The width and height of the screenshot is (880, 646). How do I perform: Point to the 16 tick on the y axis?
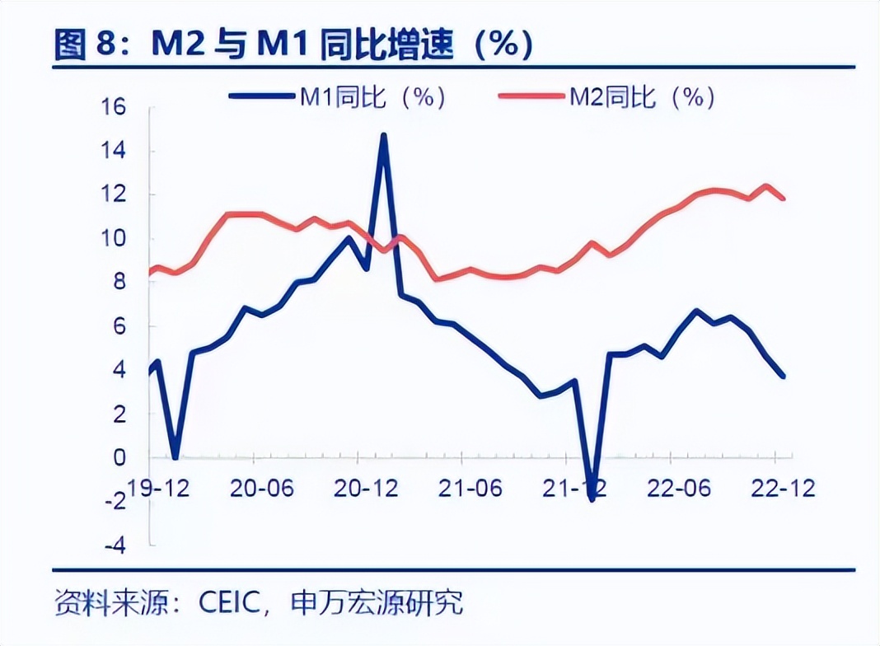coord(113,107)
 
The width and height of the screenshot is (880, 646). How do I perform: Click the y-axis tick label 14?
coord(113,151)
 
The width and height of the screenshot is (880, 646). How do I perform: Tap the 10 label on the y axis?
coord(113,239)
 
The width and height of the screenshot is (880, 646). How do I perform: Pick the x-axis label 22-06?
coord(676,488)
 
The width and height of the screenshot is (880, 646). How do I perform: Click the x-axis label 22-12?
coord(780,488)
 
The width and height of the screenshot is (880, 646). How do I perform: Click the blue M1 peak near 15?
coord(383,135)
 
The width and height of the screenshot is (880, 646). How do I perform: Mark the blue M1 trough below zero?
coord(592,499)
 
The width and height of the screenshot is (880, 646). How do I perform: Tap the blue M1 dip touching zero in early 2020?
coord(175,456)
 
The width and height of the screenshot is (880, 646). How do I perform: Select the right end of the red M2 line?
coord(783,199)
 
